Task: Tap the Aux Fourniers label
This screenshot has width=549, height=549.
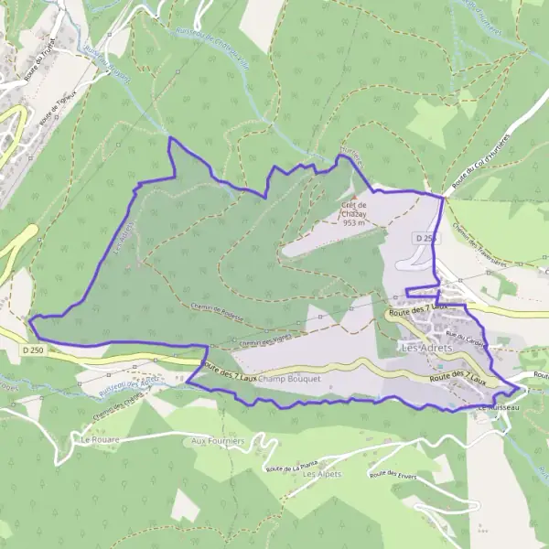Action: pos(218,440)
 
